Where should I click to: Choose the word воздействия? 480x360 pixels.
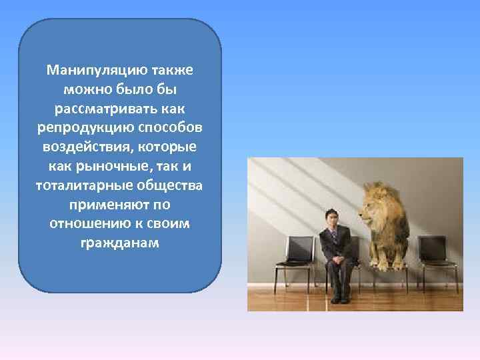click(81, 147)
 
